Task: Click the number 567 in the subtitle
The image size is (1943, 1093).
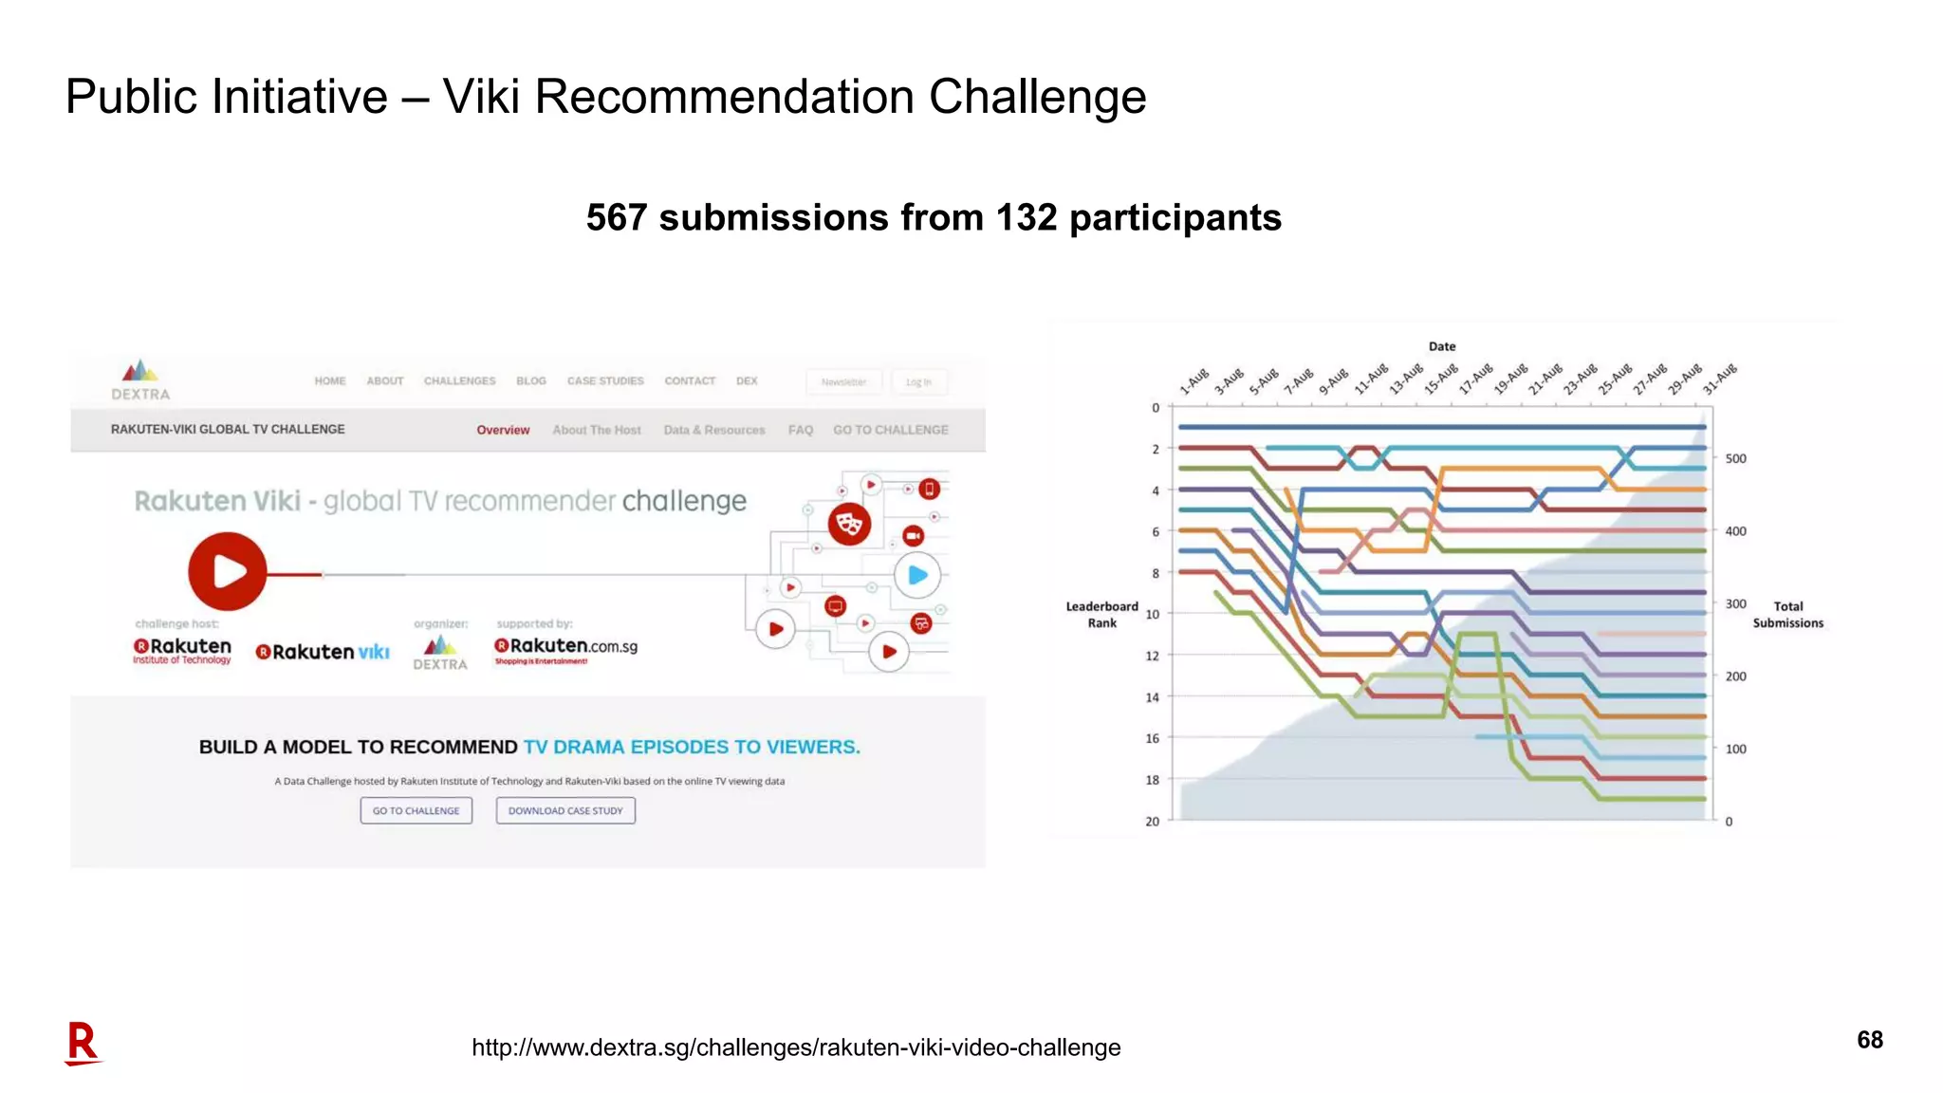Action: pyautogui.click(x=617, y=218)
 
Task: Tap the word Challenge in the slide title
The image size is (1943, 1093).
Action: pyautogui.click(x=1037, y=97)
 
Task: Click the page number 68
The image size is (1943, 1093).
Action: pyautogui.click(x=1869, y=1040)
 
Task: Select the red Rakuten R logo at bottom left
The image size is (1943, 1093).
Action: pyautogui.click(x=83, y=1044)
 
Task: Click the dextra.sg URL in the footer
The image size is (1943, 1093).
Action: pyautogui.click(x=796, y=1047)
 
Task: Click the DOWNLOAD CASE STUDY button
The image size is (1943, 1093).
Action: pyautogui.click(x=565, y=811)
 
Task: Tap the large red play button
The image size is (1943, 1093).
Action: pyautogui.click(x=227, y=571)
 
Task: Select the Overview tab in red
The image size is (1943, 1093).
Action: pyautogui.click(x=503, y=430)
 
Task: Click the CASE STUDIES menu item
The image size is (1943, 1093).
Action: pyautogui.click(x=605, y=381)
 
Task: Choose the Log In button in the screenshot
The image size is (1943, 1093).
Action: pyautogui.click(x=917, y=382)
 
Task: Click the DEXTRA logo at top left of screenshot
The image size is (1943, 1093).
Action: pyautogui.click(x=140, y=380)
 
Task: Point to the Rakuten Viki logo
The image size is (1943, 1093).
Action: pyautogui.click(x=323, y=652)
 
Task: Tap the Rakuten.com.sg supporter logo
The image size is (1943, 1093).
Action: pyautogui.click(x=565, y=649)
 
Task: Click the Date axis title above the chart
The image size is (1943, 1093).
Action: pyautogui.click(x=1441, y=347)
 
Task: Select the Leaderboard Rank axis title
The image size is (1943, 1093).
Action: pyautogui.click(x=1101, y=615)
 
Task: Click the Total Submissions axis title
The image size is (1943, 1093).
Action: pyautogui.click(x=1787, y=615)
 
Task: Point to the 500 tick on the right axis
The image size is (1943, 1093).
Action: pyautogui.click(x=1735, y=459)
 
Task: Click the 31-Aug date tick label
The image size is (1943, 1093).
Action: pyautogui.click(x=1720, y=379)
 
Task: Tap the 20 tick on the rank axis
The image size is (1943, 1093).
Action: pyautogui.click(x=1152, y=822)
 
